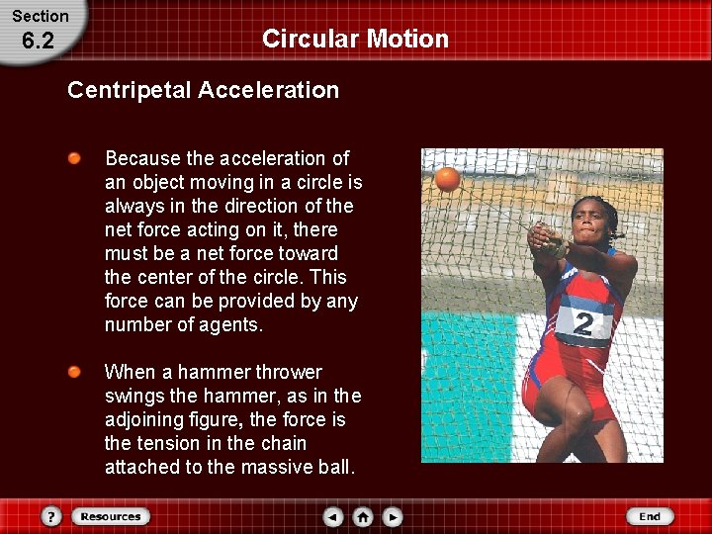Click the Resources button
click(111, 516)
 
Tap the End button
click(650, 516)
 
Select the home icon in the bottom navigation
click(363, 516)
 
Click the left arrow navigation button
click(333, 516)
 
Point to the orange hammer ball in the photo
click(447, 179)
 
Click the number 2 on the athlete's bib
click(584, 324)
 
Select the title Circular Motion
click(355, 40)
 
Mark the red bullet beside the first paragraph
click(75, 158)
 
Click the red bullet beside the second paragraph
click(75, 372)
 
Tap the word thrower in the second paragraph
click(288, 372)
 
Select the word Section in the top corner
click(40, 16)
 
